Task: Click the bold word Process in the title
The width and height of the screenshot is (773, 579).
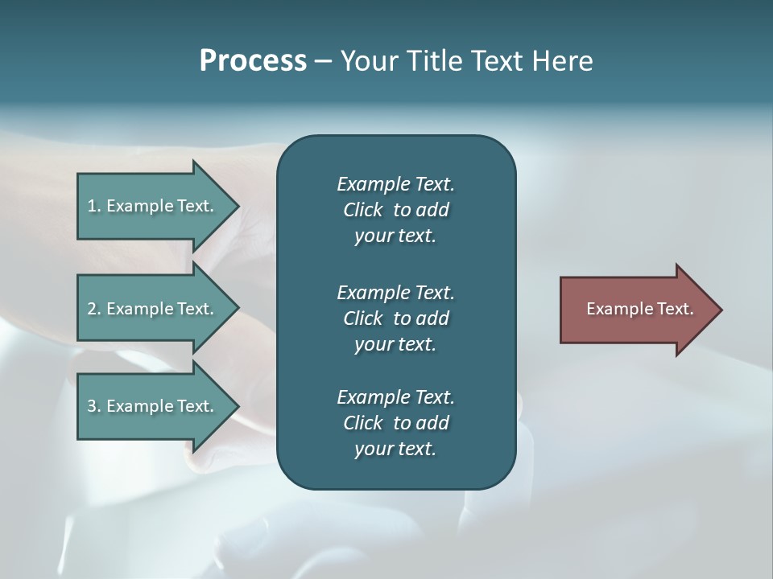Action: (x=253, y=61)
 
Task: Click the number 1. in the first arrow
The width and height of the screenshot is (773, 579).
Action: (x=94, y=206)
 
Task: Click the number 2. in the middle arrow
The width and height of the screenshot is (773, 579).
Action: (x=94, y=309)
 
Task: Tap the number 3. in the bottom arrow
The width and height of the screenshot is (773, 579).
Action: (x=94, y=406)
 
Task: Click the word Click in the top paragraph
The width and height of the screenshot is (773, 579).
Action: (x=362, y=210)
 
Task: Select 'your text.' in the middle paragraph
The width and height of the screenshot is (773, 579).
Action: (x=395, y=344)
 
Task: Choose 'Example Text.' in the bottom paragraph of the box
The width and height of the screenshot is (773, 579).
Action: (x=395, y=397)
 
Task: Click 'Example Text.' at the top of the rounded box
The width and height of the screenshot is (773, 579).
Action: (x=395, y=184)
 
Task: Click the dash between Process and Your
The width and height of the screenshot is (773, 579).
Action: (x=323, y=61)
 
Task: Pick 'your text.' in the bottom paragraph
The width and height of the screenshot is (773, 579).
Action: (x=395, y=449)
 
